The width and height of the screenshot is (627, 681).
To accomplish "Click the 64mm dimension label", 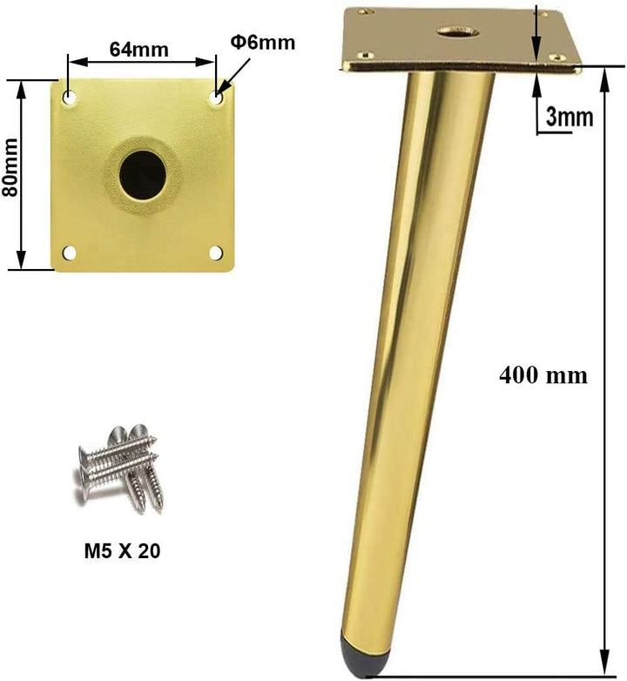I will pos(138,49).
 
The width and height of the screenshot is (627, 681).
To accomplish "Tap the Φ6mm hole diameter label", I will pos(262,42).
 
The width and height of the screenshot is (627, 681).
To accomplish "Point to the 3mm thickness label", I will pos(570,117).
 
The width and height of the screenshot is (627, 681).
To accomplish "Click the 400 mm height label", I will pos(543,375).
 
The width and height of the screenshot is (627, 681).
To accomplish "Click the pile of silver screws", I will pos(118,468).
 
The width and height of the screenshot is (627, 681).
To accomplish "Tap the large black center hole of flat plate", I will pos(142,172).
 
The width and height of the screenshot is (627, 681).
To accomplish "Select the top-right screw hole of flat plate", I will pos(216,98).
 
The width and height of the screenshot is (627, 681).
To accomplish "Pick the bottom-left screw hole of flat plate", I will pos(70,253).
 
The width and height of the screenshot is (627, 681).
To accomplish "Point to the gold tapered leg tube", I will pos(418,348).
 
